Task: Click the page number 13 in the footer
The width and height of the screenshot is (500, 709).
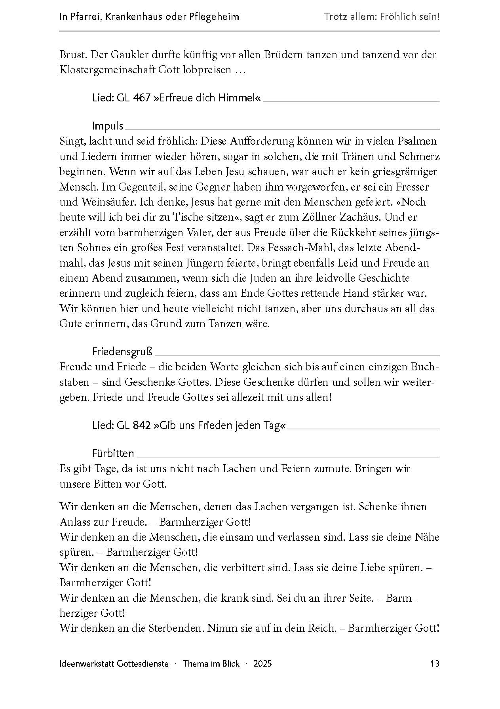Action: tap(434, 663)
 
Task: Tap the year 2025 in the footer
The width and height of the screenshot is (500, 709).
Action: tap(263, 663)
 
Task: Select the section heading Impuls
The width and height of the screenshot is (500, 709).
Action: tap(108, 126)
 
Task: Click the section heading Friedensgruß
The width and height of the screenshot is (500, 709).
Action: tap(122, 351)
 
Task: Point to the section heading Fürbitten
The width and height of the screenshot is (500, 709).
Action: tap(113, 453)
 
